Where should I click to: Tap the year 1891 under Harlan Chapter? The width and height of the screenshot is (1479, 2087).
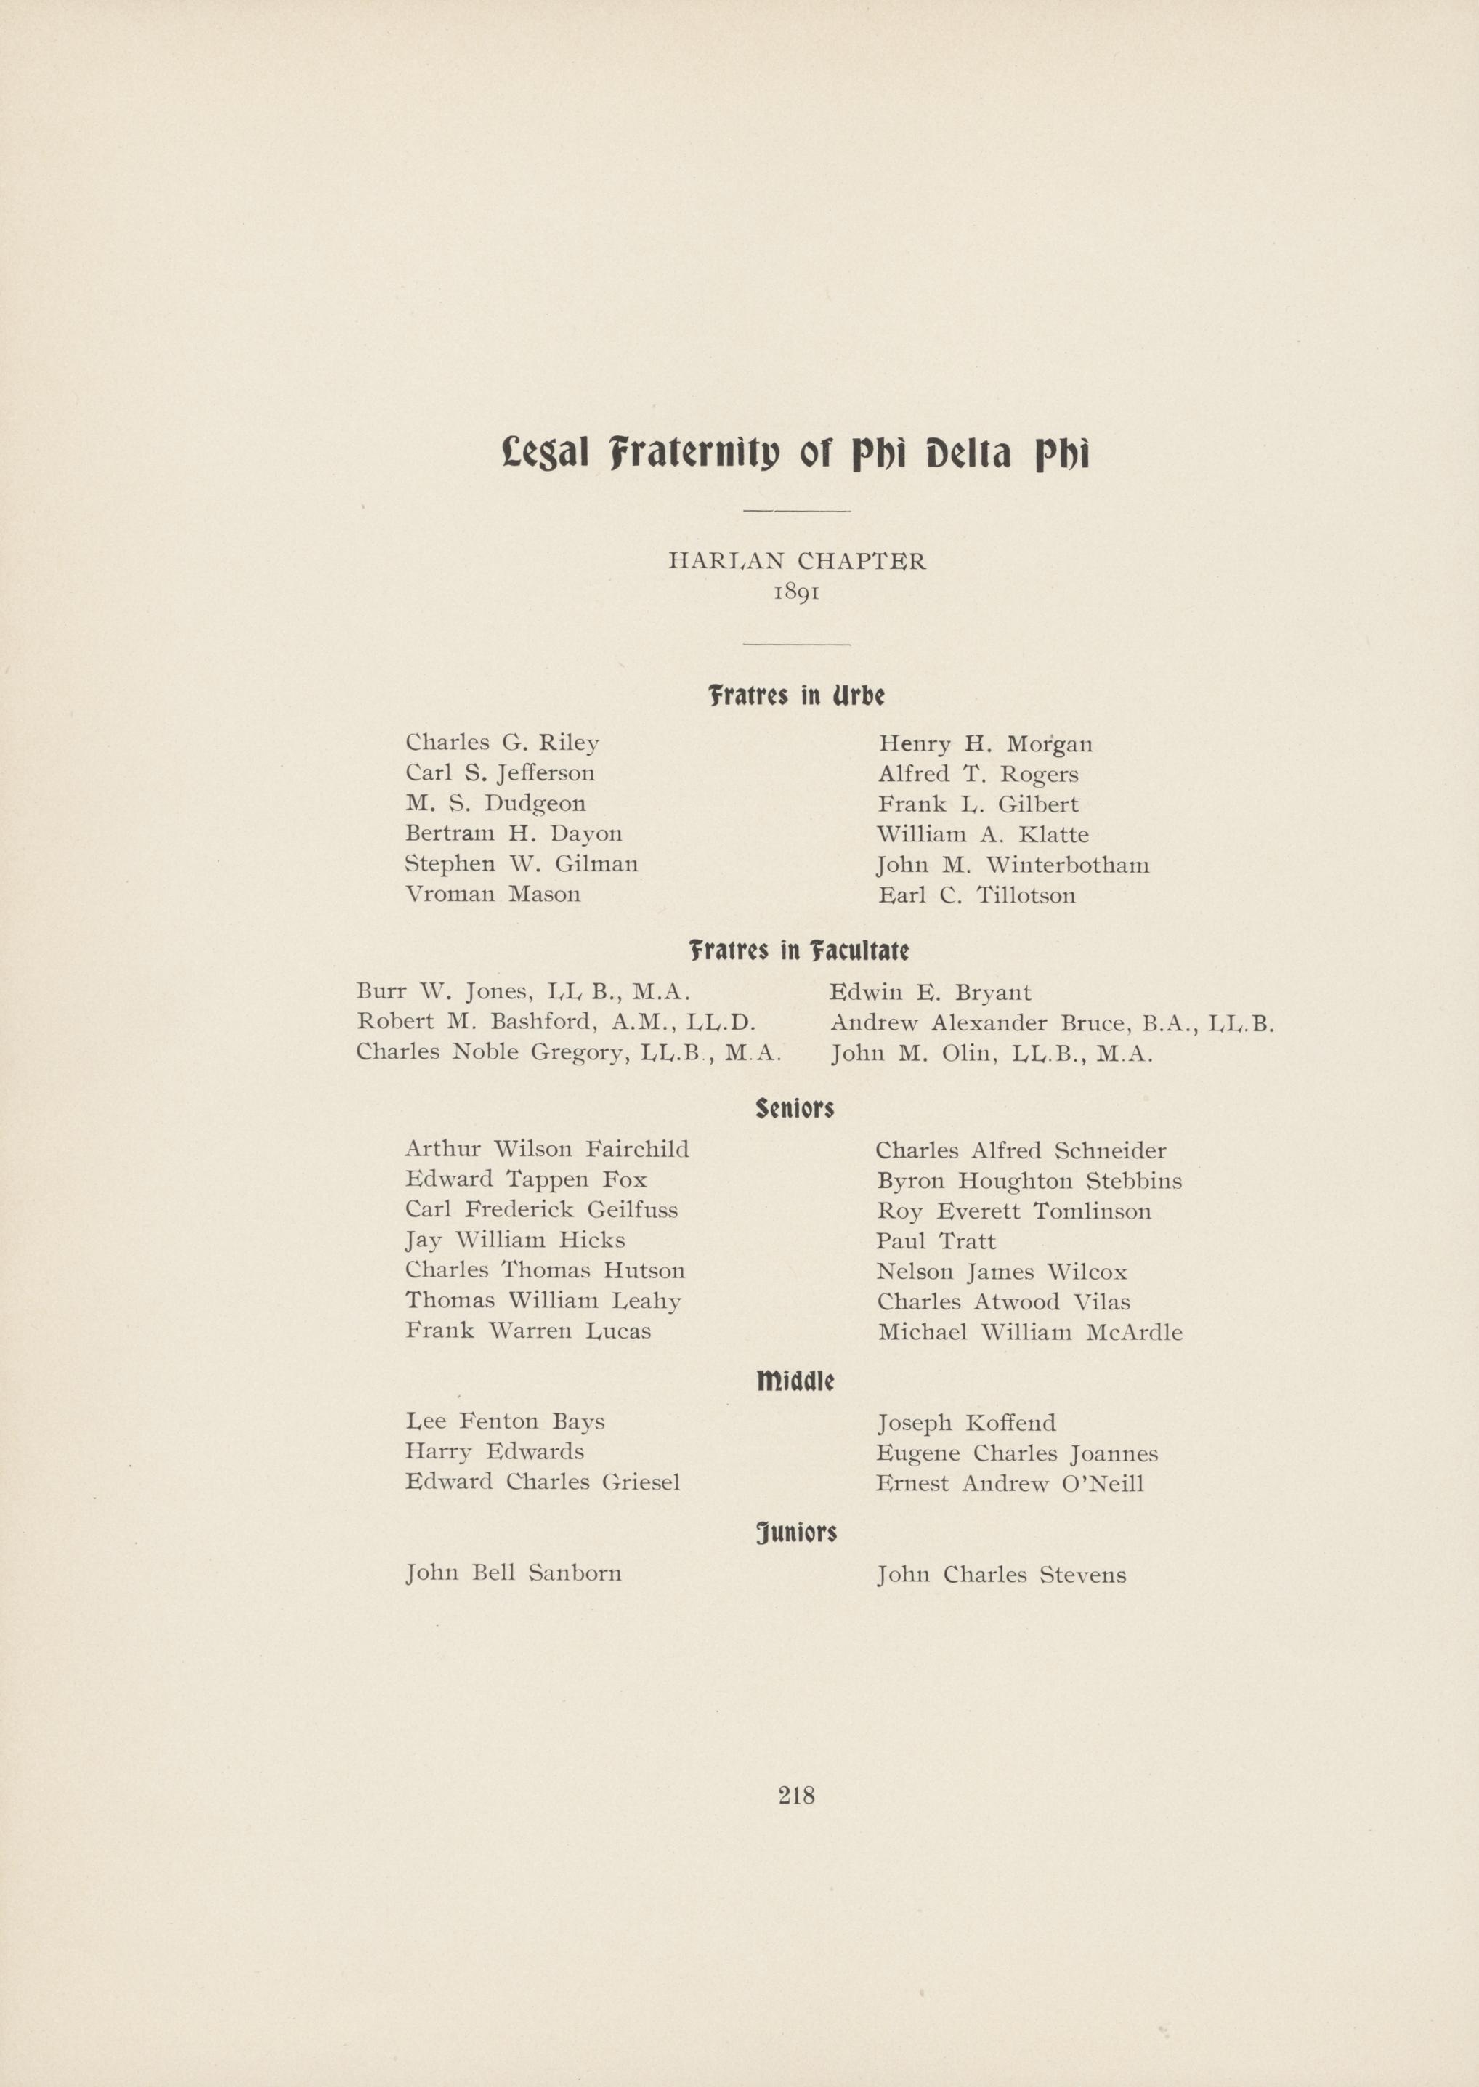point(797,592)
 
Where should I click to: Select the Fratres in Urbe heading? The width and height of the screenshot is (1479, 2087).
point(796,697)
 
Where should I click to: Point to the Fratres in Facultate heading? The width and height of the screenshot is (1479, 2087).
point(798,951)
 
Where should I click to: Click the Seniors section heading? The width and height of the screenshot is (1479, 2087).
point(795,1109)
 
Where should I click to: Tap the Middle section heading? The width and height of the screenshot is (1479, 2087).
point(795,1381)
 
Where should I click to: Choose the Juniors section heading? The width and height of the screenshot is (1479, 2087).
point(796,1533)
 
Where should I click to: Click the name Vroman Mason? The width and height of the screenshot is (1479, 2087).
point(493,894)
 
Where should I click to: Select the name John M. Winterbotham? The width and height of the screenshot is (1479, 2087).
point(1012,865)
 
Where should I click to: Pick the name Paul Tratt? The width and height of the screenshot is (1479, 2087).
point(936,1240)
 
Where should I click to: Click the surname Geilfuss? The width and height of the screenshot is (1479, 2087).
point(632,1210)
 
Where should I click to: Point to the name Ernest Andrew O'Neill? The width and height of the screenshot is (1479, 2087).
point(1009,1483)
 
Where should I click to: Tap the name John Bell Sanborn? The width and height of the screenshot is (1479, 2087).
point(514,1573)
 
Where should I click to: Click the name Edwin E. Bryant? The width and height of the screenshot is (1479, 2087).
point(930,992)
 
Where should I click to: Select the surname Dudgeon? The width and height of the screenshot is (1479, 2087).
point(535,804)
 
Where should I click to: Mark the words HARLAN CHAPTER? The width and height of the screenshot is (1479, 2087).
point(797,561)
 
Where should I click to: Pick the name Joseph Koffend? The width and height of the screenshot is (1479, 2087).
point(965,1423)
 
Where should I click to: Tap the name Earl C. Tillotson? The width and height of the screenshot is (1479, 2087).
point(976,895)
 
